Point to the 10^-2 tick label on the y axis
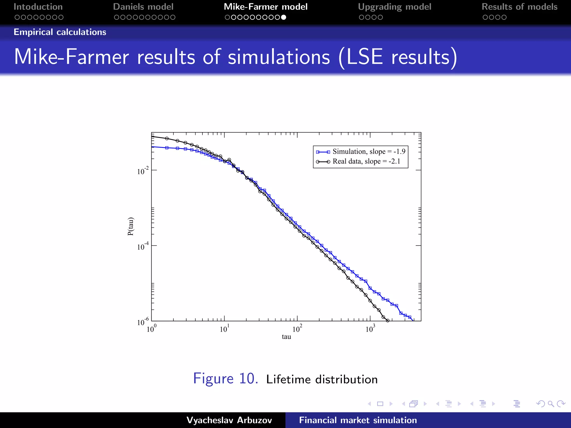(143, 171)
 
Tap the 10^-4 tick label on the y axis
(143, 247)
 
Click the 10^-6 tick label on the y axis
(143, 322)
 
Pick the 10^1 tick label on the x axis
(224, 329)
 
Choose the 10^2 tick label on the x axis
(297, 329)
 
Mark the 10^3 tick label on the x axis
(370, 329)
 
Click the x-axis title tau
(286, 337)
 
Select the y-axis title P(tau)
(130, 226)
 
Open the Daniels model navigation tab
(143, 7)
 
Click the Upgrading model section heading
(395, 7)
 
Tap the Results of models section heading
(519, 7)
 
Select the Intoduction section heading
(38, 7)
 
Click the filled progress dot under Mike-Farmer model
(284, 17)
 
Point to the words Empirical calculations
(60, 32)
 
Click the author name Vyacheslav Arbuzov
(229, 420)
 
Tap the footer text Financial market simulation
(358, 420)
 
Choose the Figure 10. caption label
(226, 379)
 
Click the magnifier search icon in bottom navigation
(551, 404)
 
